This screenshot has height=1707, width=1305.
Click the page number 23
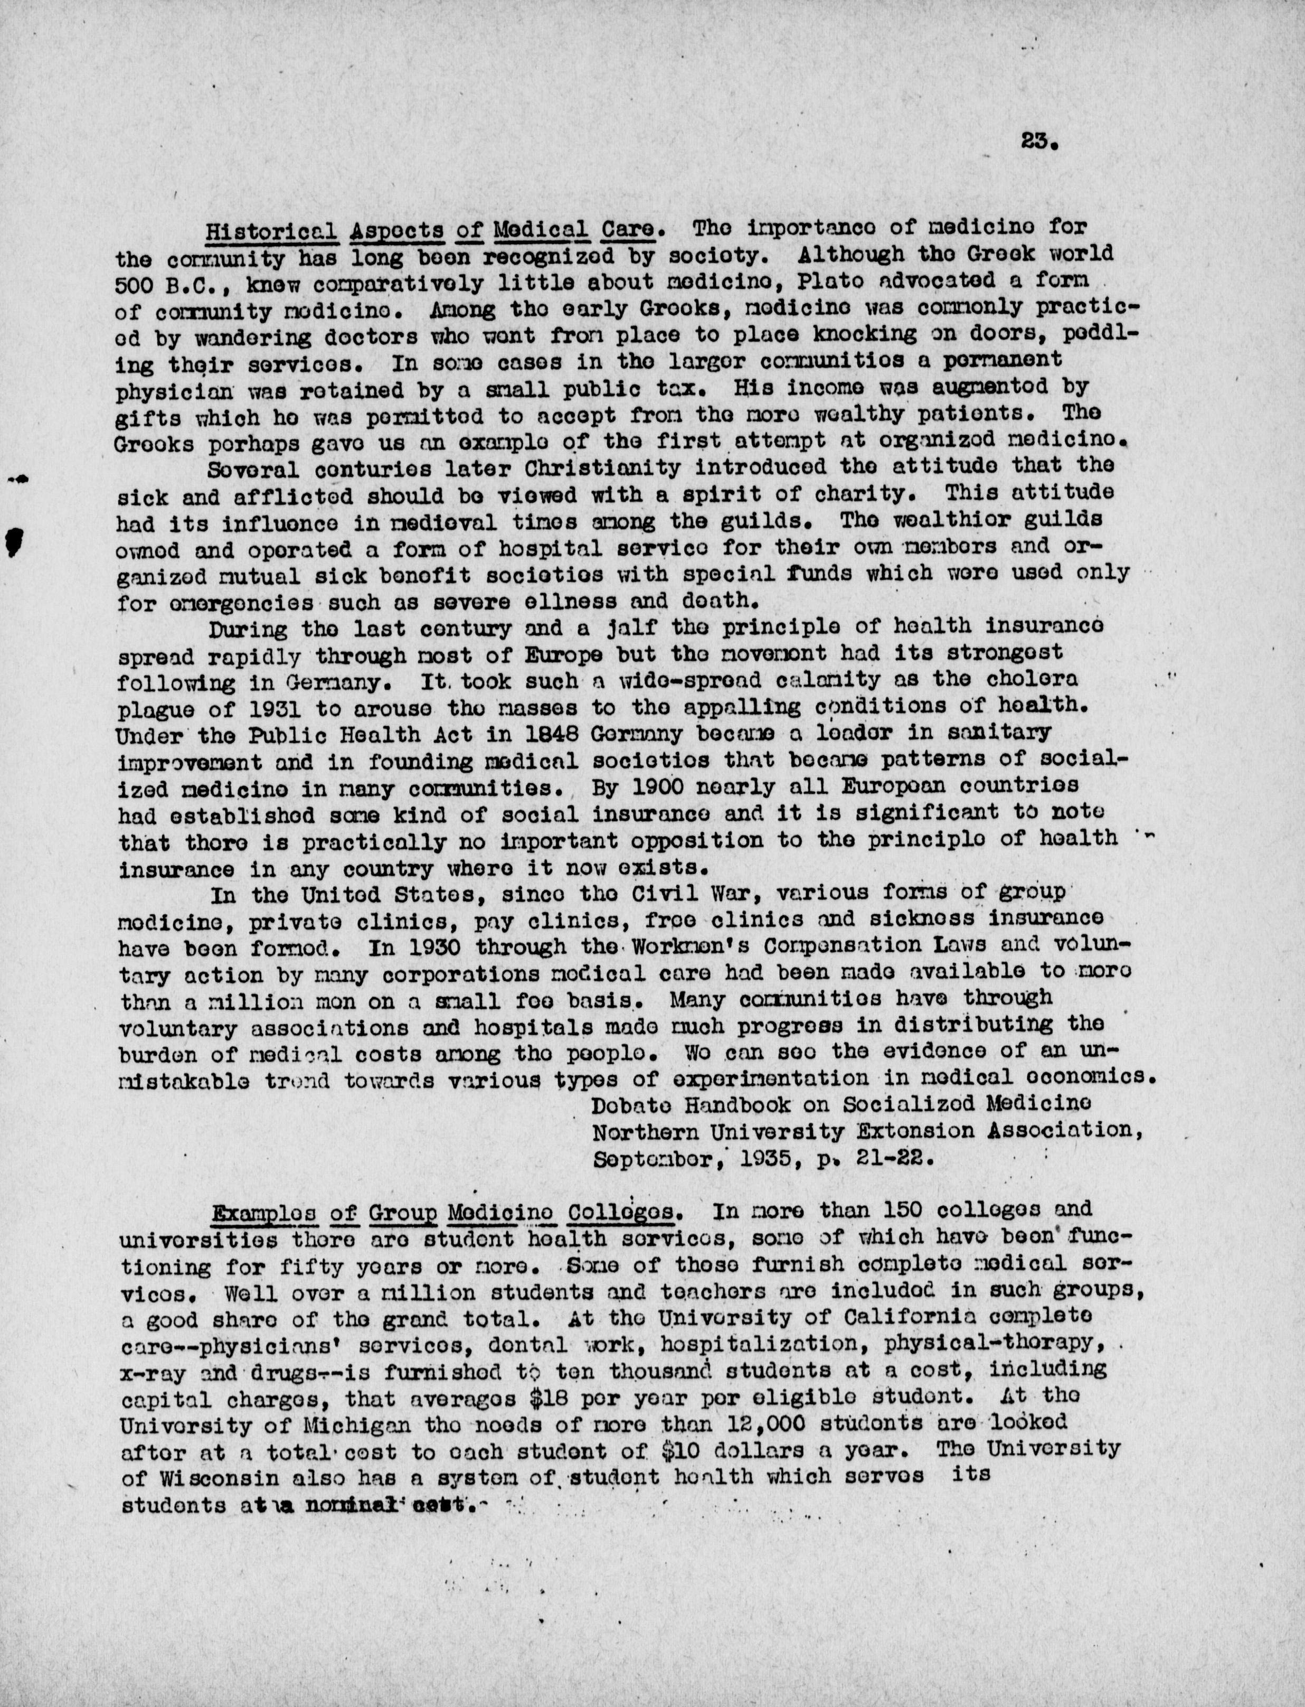pyautogui.click(x=1036, y=142)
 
